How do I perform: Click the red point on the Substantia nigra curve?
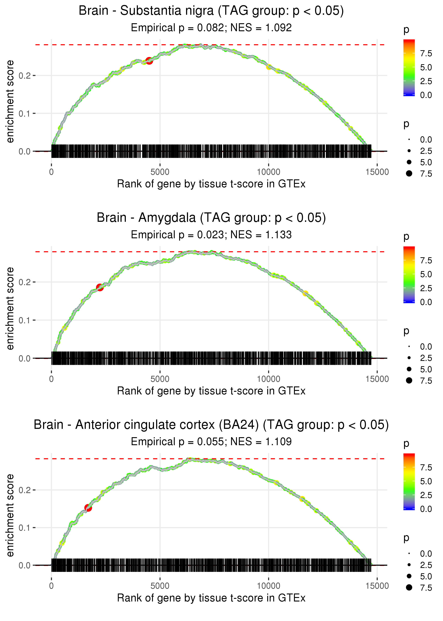coord(149,61)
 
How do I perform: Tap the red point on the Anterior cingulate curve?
coord(88,508)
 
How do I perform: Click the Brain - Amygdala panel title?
coord(211,218)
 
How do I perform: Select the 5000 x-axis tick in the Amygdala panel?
coord(160,379)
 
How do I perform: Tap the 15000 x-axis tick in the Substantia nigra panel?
coord(377,172)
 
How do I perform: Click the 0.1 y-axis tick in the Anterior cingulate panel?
coord(25,528)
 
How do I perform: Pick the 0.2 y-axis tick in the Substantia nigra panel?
coord(25,75)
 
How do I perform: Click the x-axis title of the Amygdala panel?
coord(211,391)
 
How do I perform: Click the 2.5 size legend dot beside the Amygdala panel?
coord(409,358)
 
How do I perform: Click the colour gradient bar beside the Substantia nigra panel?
coord(409,67)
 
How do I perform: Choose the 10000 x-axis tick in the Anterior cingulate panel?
coord(269,586)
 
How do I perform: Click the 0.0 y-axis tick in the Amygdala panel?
coord(25,358)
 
